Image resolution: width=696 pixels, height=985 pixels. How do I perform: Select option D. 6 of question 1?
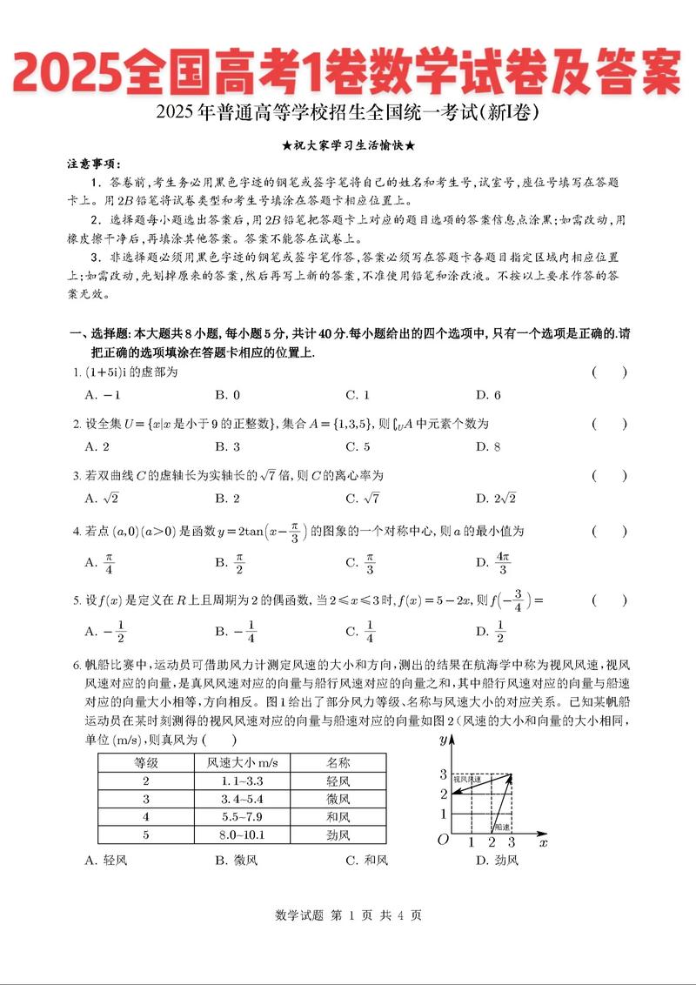pyautogui.click(x=488, y=394)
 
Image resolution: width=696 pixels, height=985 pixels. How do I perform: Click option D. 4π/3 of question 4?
pyautogui.click(x=492, y=563)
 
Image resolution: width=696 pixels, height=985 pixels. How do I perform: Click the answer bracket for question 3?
pyautogui.click(x=609, y=475)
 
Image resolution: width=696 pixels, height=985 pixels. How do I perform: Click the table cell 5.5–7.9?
pyautogui.click(x=242, y=817)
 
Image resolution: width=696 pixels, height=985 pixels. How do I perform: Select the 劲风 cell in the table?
pyautogui.click(x=338, y=835)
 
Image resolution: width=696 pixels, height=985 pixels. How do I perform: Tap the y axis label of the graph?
pyautogui.click(x=443, y=740)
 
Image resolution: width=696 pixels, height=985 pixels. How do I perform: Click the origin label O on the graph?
pyautogui.click(x=443, y=840)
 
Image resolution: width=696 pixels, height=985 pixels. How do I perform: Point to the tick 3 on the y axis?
pyautogui.click(x=443, y=774)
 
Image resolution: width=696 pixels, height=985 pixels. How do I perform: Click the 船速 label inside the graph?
pyautogui.click(x=502, y=826)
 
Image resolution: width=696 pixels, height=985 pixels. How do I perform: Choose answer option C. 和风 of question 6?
pyautogui.click(x=366, y=861)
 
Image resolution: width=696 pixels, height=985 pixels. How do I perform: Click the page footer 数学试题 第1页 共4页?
pyautogui.click(x=348, y=915)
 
